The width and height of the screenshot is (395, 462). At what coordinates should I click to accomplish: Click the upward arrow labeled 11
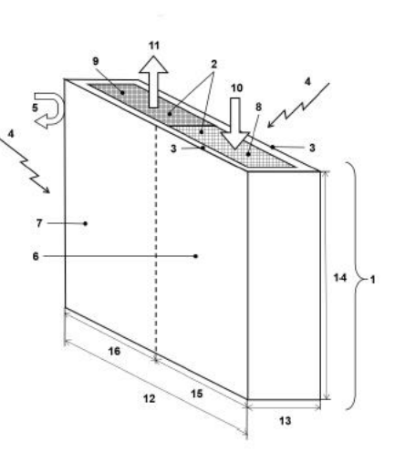(x=153, y=81)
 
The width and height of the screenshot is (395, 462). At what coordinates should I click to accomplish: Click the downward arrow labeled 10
(x=235, y=123)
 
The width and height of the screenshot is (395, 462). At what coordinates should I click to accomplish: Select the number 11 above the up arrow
(x=154, y=46)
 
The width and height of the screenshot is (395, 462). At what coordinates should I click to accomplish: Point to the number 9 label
(x=96, y=61)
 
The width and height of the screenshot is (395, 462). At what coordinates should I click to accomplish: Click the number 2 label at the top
(x=214, y=64)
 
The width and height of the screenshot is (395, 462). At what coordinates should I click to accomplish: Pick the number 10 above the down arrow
(x=236, y=88)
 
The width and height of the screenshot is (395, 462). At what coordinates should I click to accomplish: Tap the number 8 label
(x=258, y=107)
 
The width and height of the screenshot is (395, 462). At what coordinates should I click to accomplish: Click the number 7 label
(x=39, y=223)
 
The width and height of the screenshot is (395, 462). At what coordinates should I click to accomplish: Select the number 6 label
(x=36, y=256)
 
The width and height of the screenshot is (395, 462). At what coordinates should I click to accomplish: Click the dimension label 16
(x=114, y=352)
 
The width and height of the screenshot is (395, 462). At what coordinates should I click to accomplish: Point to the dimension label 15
(x=197, y=394)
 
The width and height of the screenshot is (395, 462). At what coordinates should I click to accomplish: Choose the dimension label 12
(x=150, y=399)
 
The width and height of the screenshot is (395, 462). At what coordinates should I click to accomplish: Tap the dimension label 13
(x=285, y=421)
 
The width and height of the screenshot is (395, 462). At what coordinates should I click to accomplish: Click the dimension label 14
(x=340, y=278)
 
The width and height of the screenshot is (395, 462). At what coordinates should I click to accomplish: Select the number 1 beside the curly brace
(x=373, y=280)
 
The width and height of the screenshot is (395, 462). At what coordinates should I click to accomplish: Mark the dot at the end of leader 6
(x=195, y=256)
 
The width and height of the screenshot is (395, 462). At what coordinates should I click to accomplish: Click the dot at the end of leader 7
(x=86, y=223)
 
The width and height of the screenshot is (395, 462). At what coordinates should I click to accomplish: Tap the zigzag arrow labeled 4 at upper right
(x=299, y=106)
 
